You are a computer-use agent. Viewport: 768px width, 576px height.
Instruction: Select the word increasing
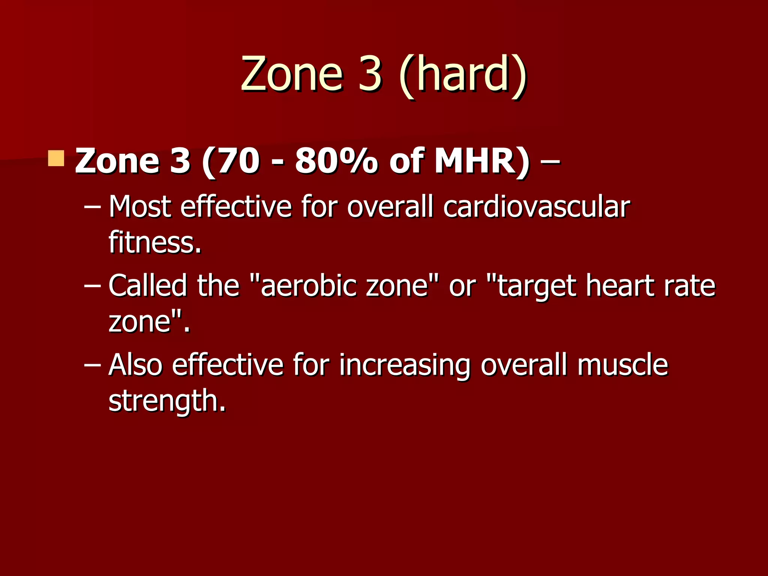(x=404, y=365)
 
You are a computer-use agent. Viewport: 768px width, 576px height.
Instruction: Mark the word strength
(x=167, y=400)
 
